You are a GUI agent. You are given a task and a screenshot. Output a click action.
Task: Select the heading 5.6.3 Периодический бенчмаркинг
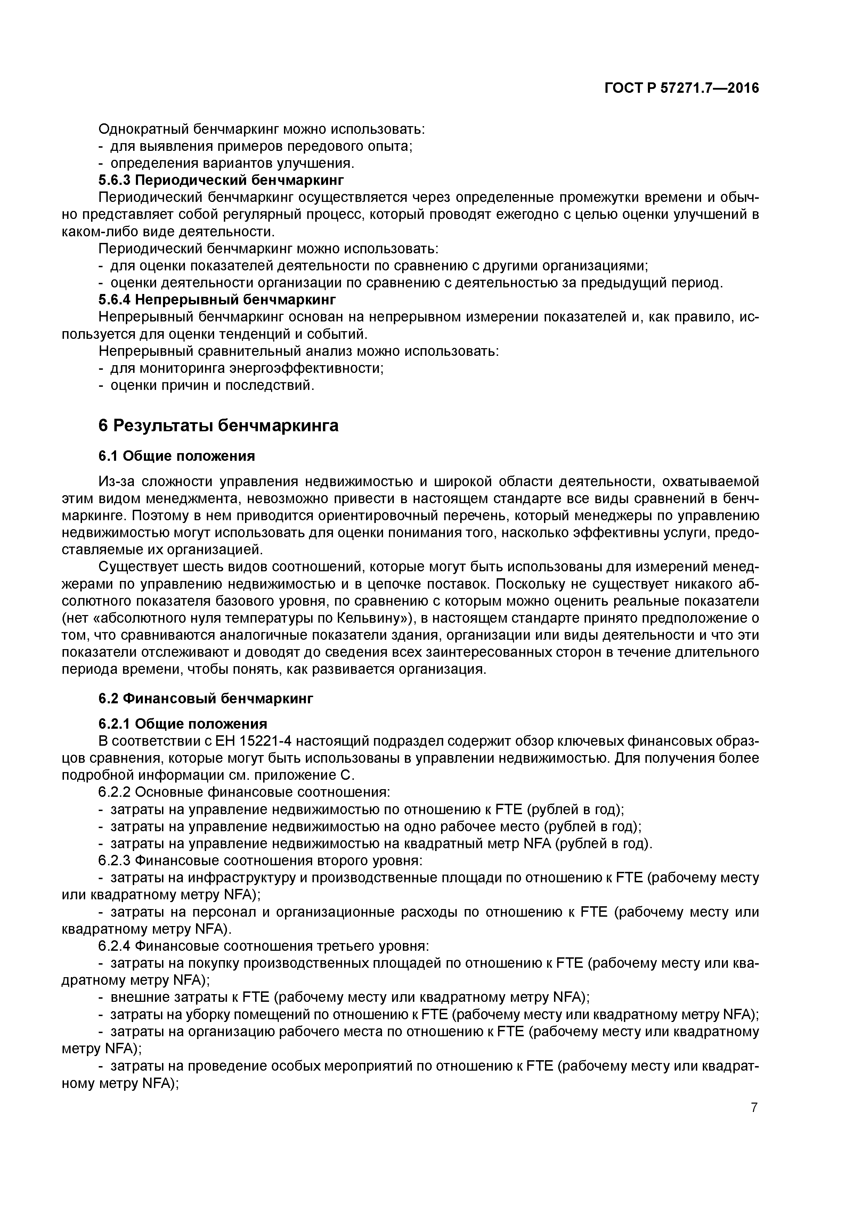[x=221, y=180]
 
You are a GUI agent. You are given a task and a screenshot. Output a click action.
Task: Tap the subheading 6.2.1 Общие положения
[x=183, y=723]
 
